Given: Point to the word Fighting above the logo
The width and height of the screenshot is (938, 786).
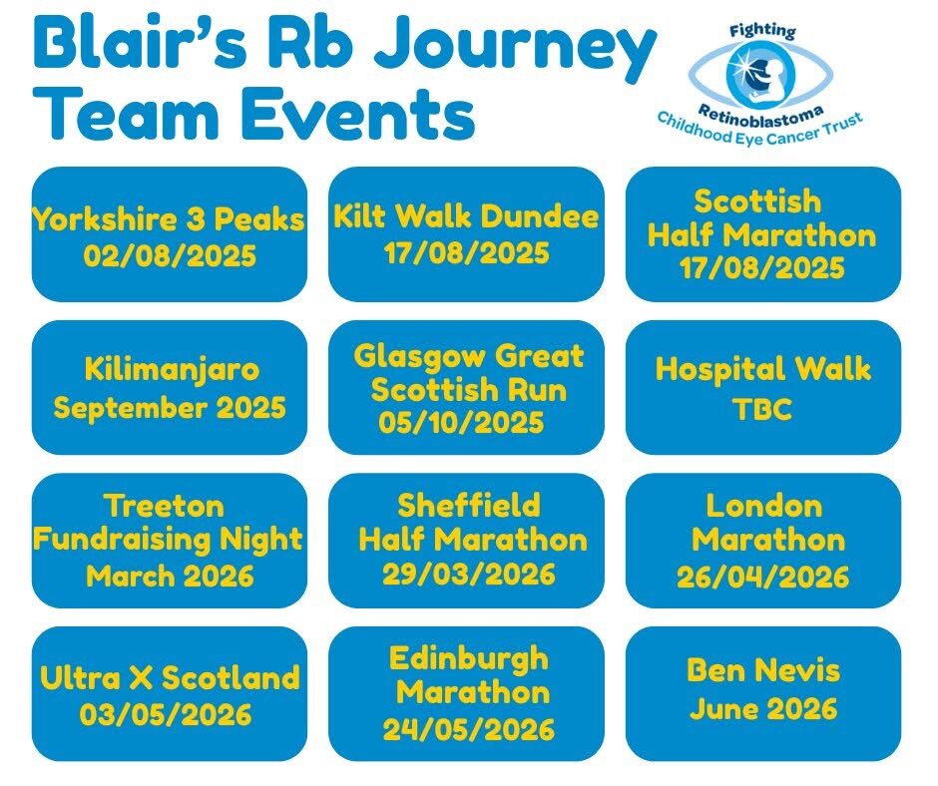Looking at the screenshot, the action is pos(762,31).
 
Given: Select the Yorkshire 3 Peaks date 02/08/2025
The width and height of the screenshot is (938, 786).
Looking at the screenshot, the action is pos(170,255).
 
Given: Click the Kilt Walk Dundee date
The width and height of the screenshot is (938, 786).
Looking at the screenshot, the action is pos(467,252).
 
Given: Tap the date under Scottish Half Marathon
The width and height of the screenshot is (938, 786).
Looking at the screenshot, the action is pos(762,267).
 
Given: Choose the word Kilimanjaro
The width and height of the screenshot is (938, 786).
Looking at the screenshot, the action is pos(172,370).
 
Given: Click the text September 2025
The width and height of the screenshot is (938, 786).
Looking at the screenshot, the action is pos(170,407).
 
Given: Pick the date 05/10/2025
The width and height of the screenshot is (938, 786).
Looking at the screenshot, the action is pos(461,422).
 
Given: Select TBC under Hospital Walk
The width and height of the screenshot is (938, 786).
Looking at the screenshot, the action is pos(762,409).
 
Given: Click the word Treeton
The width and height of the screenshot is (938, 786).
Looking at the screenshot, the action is pos(165,506).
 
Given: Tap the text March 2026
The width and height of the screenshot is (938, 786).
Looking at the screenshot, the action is pos(170,576).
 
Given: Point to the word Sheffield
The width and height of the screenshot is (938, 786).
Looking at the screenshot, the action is pos(469,505).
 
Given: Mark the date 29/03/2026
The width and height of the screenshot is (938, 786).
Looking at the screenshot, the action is pos(469,575).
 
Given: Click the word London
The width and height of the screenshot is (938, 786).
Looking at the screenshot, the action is pos(764,506).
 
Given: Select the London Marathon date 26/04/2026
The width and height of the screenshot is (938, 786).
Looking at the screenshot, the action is pos(763,577).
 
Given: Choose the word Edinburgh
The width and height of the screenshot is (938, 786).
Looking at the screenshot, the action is pos(469,659).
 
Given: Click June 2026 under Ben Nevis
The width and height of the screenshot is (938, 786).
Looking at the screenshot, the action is pos(763,709).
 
